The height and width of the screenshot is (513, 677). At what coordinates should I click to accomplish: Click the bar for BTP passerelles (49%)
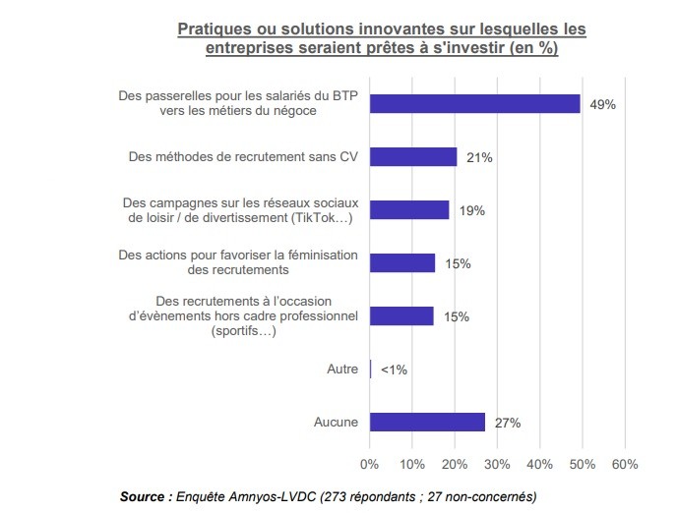tap(474, 103)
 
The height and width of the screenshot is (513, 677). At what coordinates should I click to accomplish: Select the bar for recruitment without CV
tap(413, 157)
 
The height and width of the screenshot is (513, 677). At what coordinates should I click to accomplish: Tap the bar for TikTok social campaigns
tap(409, 210)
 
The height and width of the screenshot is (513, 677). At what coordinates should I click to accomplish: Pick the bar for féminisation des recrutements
tap(402, 262)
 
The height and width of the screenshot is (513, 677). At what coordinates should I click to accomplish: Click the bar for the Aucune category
tap(427, 422)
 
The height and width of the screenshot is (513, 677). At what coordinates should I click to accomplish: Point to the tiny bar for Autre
tap(370, 370)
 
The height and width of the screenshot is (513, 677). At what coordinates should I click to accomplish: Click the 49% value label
tap(602, 104)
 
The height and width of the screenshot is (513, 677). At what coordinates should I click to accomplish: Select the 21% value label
tap(480, 157)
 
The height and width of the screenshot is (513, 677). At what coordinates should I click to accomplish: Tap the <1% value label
tap(394, 370)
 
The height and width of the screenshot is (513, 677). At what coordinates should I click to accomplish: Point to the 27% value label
tap(508, 423)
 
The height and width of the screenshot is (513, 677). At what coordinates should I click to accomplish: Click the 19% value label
tap(472, 210)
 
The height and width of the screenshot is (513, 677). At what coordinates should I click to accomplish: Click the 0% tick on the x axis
tap(369, 464)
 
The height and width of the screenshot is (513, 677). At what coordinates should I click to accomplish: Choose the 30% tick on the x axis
tap(497, 464)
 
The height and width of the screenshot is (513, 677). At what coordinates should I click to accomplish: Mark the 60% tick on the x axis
tap(625, 464)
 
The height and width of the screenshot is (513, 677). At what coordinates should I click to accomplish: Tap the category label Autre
tap(342, 370)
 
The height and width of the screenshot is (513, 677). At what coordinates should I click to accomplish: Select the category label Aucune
tap(336, 422)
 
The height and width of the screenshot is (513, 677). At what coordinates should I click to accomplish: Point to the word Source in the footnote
tap(145, 496)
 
